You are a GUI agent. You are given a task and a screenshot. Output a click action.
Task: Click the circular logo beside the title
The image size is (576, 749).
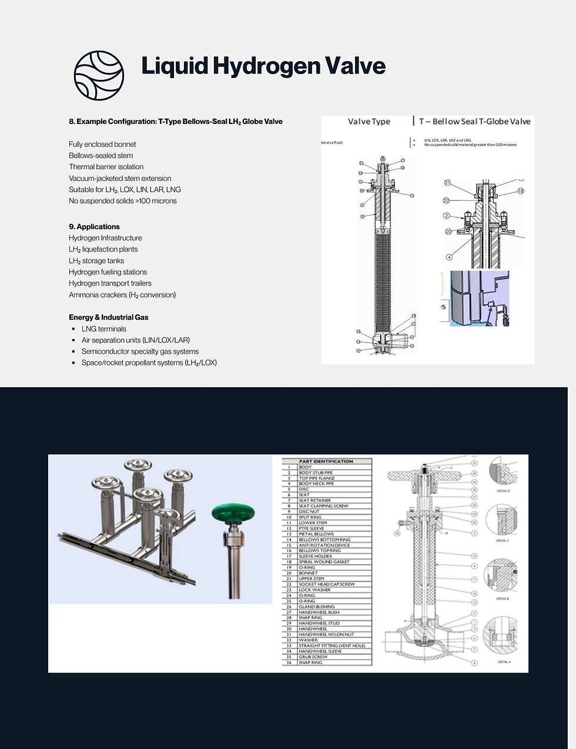click(99, 75)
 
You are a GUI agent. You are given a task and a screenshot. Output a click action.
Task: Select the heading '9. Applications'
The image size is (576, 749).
click(94, 227)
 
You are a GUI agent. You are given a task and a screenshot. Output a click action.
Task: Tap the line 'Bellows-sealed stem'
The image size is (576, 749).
click(101, 156)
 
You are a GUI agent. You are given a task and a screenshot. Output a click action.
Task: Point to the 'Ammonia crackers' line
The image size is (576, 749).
click(122, 295)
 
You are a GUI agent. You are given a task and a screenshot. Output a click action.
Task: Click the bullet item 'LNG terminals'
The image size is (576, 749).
click(103, 329)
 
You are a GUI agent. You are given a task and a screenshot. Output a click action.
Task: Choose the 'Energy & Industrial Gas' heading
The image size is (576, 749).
click(108, 317)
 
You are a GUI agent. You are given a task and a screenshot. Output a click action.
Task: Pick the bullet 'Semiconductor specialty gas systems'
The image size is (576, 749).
click(140, 351)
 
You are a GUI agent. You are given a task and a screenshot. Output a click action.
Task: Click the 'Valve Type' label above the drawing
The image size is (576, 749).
click(369, 122)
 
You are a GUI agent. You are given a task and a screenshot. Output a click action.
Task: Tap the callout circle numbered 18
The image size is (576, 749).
click(520, 191)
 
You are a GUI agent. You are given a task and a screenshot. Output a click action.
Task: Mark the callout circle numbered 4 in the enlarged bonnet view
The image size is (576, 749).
click(449, 257)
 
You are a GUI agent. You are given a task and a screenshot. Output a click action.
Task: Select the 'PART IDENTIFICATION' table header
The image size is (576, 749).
click(326, 461)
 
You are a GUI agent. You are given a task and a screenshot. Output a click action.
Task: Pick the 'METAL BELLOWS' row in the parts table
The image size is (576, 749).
click(316, 534)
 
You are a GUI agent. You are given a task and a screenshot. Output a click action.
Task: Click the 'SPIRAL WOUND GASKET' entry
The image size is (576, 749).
click(324, 562)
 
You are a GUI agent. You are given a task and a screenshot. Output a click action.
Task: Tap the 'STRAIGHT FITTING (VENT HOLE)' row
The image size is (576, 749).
click(331, 646)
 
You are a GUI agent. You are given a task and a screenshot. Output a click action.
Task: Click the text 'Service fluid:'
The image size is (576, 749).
click(333, 143)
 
